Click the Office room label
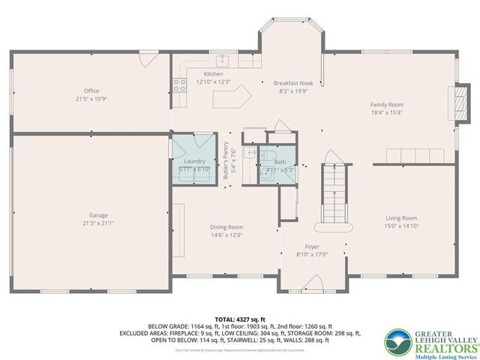(x=91, y=91)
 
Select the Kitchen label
(x=213, y=74)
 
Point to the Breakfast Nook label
(x=292, y=83)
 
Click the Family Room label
(x=387, y=105)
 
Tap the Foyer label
(x=312, y=246)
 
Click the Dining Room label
(x=226, y=226)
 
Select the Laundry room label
(x=194, y=161)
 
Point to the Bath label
(x=280, y=161)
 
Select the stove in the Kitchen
(x=180, y=85)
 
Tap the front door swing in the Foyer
(x=313, y=283)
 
